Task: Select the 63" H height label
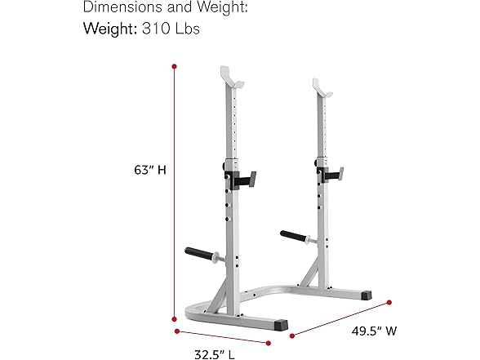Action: coord(150,170)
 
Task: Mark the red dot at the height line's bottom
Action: coord(175,319)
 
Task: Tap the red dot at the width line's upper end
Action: coord(389,303)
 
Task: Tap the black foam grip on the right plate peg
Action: coord(295,235)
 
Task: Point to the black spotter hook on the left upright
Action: coord(242,178)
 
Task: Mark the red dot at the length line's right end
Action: coord(269,342)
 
